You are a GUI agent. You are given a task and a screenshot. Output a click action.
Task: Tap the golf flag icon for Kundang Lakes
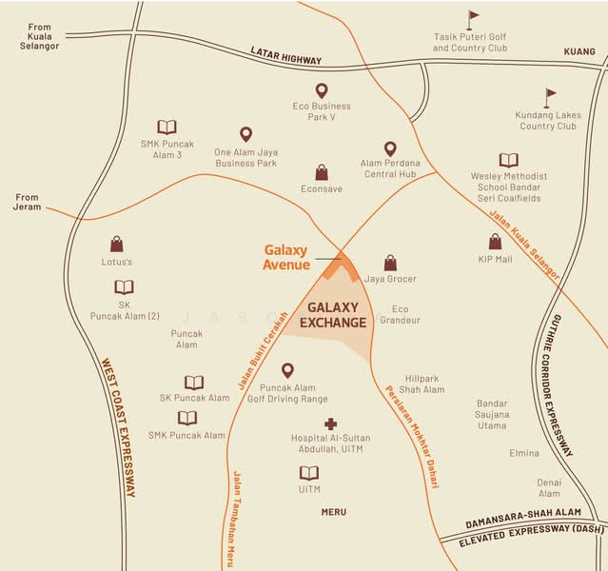(550, 97)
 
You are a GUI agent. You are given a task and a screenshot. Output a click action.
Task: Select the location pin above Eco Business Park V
(322, 89)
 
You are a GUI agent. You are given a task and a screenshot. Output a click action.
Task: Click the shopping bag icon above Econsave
(322, 172)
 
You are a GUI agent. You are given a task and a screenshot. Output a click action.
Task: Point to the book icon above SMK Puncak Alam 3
(167, 127)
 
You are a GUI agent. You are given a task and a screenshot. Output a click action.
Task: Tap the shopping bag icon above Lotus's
(116, 244)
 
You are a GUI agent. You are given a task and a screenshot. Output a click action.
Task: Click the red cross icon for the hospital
(330, 423)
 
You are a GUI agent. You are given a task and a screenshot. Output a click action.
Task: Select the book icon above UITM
(308, 473)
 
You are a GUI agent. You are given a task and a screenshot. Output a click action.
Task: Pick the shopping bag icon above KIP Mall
(495, 242)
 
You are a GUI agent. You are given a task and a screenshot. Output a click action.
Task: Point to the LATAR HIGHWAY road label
(286, 53)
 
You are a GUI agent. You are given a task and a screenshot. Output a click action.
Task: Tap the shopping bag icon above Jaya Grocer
(390, 263)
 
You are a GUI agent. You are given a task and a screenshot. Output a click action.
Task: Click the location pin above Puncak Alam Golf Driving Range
(286, 370)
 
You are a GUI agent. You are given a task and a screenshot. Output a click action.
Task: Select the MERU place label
(333, 512)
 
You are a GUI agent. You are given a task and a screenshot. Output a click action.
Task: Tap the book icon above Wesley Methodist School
(509, 161)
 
